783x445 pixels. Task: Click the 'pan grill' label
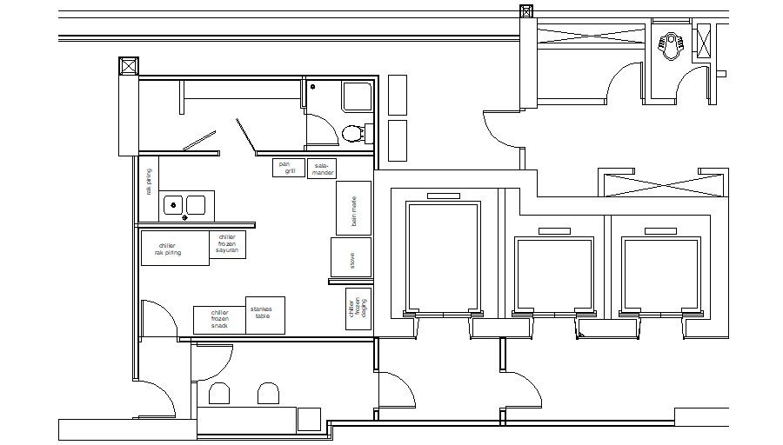(x=284, y=168)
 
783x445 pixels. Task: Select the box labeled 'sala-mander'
(x=323, y=169)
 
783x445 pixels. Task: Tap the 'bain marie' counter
(x=353, y=209)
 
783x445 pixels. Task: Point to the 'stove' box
(x=351, y=258)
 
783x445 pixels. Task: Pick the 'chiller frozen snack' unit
(x=219, y=320)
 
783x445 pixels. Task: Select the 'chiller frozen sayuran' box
(x=228, y=245)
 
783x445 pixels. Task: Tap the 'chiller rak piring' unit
(x=173, y=249)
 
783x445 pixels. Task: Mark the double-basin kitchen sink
(x=184, y=205)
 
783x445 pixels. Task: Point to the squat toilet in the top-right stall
(x=672, y=44)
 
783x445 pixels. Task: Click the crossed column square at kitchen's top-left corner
(x=128, y=67)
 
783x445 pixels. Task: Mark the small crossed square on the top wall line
(x=526, y=11)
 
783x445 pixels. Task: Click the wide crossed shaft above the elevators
(x=662, y=185)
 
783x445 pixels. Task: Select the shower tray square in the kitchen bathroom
(x=358, y=96)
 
